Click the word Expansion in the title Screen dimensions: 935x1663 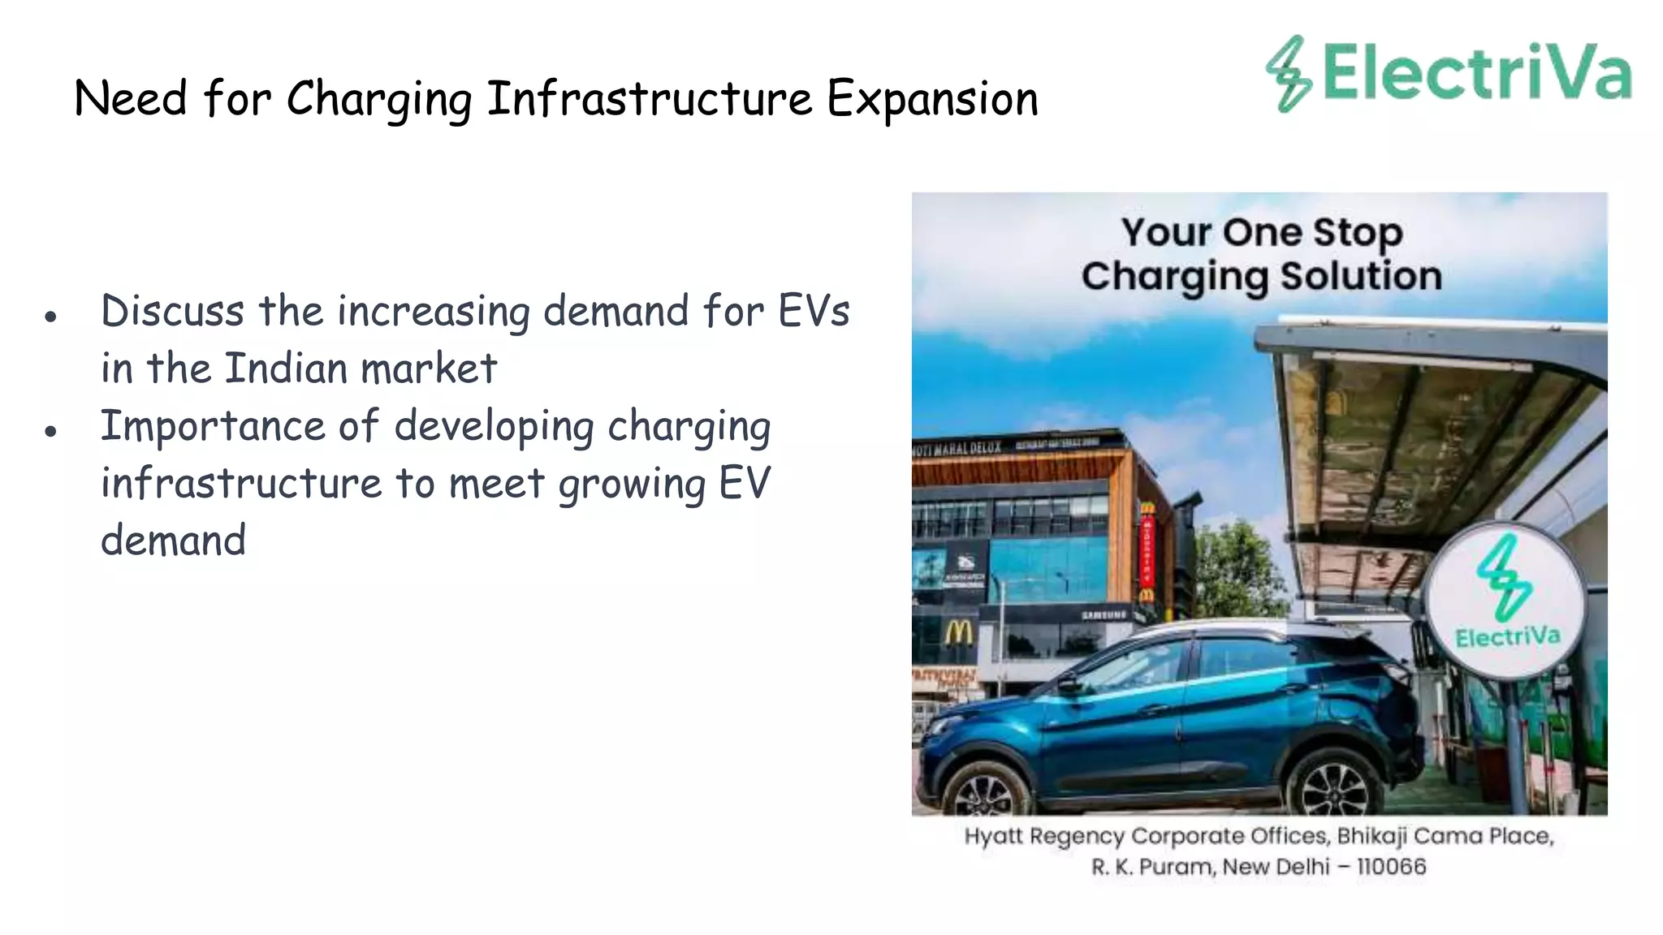click(x=932, y=99)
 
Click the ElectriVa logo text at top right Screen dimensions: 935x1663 click(x=1476, y=73)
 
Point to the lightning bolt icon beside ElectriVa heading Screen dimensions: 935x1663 click(x=1288, y=73)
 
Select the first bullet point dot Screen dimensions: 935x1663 click(x=50, y=317)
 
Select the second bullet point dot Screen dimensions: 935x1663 click(x=50, y=431)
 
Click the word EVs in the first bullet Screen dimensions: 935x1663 click(x=814, y=311)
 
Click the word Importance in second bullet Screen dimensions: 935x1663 click(x=212, y=427)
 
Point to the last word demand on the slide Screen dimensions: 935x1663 click(x=173, y=541)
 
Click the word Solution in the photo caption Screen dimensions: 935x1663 click(x=1362, y=276)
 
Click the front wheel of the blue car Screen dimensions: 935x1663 click(x=983, y=791)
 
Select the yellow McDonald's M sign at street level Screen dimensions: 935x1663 click(x=959, y=631)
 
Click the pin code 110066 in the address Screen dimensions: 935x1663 click(x=1391, y=867)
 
